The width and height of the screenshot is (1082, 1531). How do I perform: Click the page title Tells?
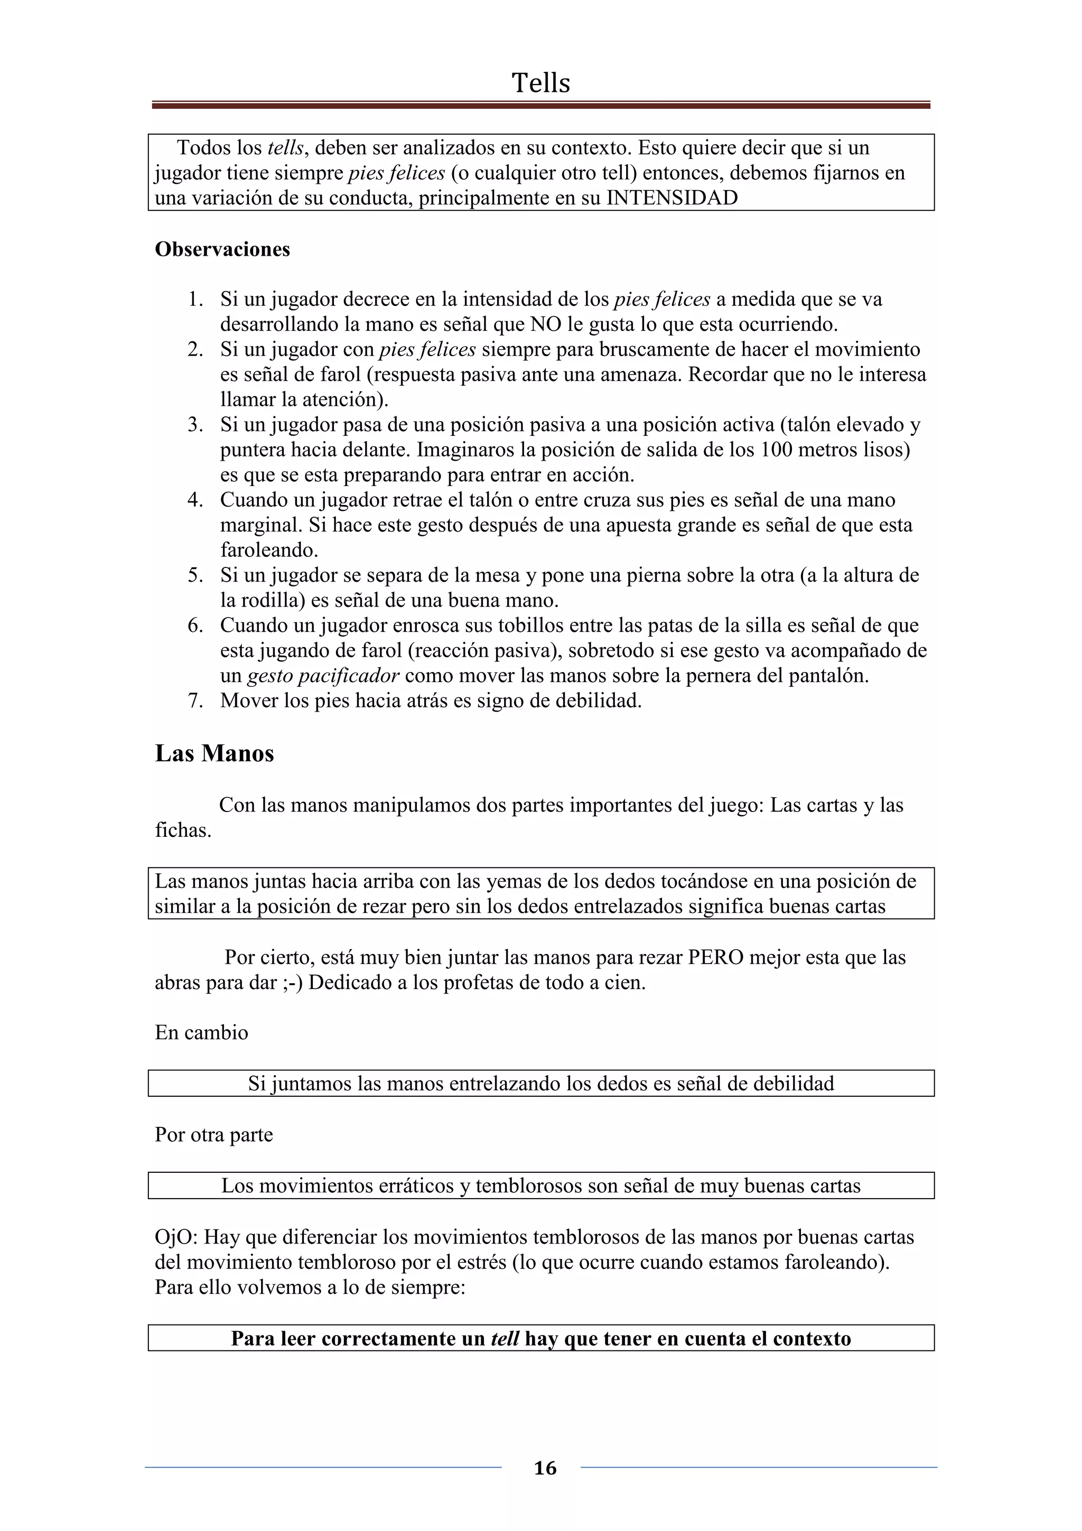coord(540,83)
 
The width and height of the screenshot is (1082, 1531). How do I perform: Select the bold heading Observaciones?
coord(222,249)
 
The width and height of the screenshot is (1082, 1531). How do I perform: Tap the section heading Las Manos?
coord(214,753)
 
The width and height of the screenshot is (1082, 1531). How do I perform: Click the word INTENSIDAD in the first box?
coord(671,198)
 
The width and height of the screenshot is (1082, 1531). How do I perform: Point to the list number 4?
coord(194,500)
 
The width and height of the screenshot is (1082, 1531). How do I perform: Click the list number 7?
coord(194,701)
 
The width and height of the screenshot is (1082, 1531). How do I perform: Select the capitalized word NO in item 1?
coord(545,325)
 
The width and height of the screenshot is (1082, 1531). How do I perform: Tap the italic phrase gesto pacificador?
coord(323,676)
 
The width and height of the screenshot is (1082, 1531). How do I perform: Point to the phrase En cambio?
coord(201,1033)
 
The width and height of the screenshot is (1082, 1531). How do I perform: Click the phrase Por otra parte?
coord(213,1135)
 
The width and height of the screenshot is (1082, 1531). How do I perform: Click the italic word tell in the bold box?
coord(504,1339)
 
